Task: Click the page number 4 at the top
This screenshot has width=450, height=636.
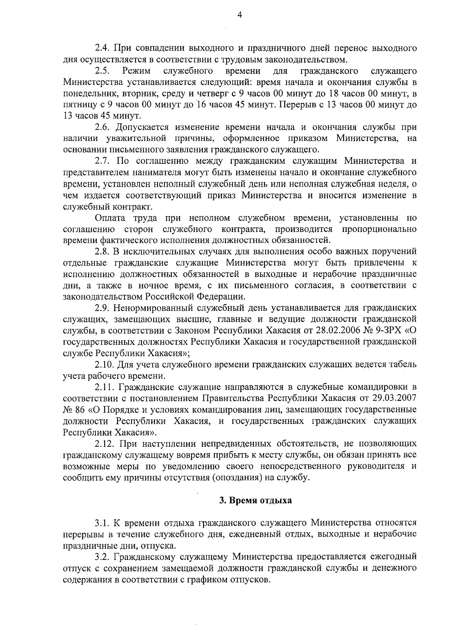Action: point(229,15)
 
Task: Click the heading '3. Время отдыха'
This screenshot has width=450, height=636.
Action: point(255,500)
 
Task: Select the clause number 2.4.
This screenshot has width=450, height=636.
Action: point(102,48)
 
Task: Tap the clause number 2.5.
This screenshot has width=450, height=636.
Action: point(102,71)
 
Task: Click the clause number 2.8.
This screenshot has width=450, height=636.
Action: point(102,251)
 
